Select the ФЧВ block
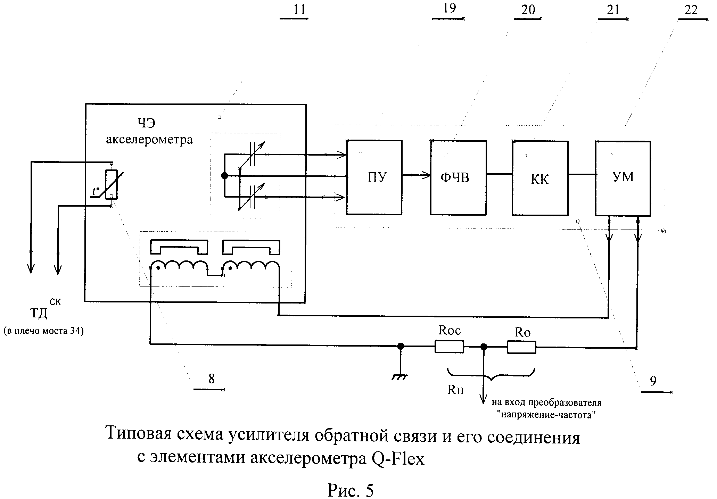pyautogui.click(x=459, y=177)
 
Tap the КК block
pyautogui.click(x=540, y=177)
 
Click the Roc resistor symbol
pyautogui.click(x=449, y=347)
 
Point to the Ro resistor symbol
pyautogui.click(x=521, y=347)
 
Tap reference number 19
pyautogui.click(x=450, y=8)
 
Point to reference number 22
pyautogui.click(x=691, y=10)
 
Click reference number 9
pyautogui.click(x=653, y=381)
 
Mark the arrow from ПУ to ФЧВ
pyautogui.click(x=416, y=176)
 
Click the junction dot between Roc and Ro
pyautogui.click(x=483, y=347)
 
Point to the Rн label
pyautogui.click(x=455, y=390)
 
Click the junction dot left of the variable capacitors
pyautogui.click(x=225, y=176)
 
